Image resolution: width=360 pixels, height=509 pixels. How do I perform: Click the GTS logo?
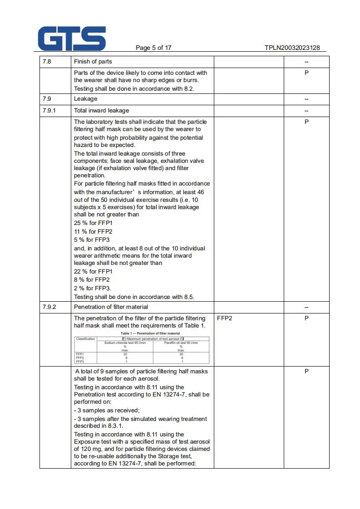tap(72, 38)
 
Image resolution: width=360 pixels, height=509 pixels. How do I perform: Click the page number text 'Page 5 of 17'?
tap(153, 48)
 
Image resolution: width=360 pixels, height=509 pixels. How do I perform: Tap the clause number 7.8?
tap(47, 62)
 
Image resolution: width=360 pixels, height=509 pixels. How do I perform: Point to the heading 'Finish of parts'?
tap(93, 62)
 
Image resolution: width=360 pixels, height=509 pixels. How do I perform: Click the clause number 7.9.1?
tap(49, 110)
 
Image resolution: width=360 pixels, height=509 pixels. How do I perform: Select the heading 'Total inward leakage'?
tap(101, 110)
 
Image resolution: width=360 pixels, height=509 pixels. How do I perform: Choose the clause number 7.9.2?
tap(49, 307)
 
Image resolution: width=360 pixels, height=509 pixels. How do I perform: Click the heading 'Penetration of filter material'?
tap(111, 307)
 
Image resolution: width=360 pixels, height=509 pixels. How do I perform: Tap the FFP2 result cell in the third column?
tap(225, 318)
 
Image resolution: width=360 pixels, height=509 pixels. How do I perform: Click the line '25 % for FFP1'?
tap(93, 223)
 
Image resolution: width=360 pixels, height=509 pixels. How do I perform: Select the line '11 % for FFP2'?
tap(93, 231)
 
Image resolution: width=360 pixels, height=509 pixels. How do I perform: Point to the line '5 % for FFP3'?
tap(92, 240)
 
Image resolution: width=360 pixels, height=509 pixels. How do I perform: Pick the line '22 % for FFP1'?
tap(93, 271)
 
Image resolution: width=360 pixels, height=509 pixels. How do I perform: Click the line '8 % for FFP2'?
tap(92, 279)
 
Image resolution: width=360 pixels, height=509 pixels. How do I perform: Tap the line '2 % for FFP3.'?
tap(93, 288)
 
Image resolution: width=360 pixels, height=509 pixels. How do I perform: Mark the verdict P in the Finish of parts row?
tap(306, 73)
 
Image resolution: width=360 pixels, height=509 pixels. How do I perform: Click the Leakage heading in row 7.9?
tap(85, 98)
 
